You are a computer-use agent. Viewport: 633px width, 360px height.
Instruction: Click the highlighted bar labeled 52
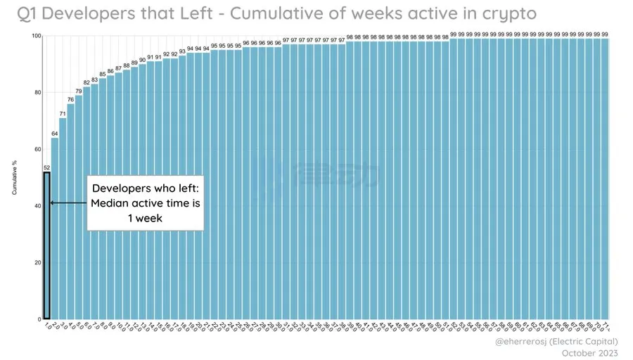pyautogui.click(x=47, y=246)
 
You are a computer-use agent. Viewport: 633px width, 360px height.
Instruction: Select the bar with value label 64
pyautogui.click(x=55, y=232)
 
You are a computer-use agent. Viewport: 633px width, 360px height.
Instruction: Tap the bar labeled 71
pyautogui.click(x=63, y=225)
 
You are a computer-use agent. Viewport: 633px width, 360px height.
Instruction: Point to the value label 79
pyautogui.click(x=79, y=91)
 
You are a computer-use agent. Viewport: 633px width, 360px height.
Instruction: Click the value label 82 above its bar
pyautogui.click(x=87, y=82)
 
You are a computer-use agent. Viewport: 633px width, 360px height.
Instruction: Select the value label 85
pyautogui.click(x=103, y=74)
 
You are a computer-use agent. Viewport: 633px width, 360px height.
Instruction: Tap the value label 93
pyautogui.click(x=182, y=51)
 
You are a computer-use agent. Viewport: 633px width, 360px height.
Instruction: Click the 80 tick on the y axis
pyautogui.click(x=37, y=93)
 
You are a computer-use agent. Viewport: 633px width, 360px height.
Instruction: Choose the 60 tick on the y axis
pyautogui.click(x=37, y=149)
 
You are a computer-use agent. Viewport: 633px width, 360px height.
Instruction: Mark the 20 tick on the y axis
pyautogui.click(x=37, y=262)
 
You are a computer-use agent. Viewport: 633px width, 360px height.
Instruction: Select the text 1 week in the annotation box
pyautogui.click(x=146, y=219)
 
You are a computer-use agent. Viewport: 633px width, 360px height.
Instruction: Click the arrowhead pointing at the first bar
pyautogui.click(x=51, y=203)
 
